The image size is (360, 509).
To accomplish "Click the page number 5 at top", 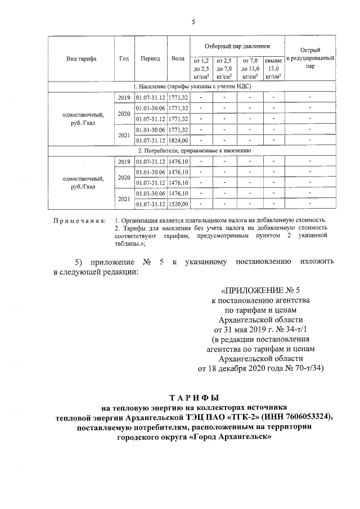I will click(x=193, y=22).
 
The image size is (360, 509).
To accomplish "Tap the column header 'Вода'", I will click(x=178, y=58).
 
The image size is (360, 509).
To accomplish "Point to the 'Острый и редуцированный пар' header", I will click(x=310, y=58).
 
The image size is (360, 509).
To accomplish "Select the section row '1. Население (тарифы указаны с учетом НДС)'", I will click(x=192, y=87).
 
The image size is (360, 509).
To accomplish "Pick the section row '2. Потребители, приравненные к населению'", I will click(x=192, y=151).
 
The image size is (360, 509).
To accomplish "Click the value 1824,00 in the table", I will click(x=178, y=140).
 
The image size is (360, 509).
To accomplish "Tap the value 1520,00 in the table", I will click(x=178, y=204).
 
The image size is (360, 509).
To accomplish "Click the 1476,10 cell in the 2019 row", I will click(x=178, y=161).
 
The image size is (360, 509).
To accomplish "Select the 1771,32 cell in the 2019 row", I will click(x=178, y=98).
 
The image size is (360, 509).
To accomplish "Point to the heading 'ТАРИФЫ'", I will click(x=193, y=397).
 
